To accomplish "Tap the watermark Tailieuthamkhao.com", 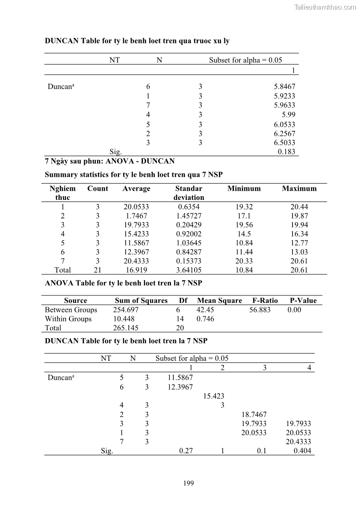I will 325,7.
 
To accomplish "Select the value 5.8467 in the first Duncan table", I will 284,87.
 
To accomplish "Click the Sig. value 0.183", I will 286,152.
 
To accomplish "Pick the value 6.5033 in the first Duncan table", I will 284,142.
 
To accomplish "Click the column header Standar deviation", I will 189,193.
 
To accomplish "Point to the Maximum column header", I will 299,189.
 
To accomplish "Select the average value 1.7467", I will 136,216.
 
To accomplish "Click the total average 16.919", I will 136,270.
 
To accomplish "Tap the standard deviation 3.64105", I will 189,270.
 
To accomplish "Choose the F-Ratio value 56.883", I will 260,310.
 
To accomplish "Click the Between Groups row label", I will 71,310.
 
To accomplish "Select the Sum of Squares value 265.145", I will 126,328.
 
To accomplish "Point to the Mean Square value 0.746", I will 205,319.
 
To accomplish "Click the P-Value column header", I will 303,301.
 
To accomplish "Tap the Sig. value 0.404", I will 302,451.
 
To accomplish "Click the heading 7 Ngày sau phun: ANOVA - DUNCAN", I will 109,161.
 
